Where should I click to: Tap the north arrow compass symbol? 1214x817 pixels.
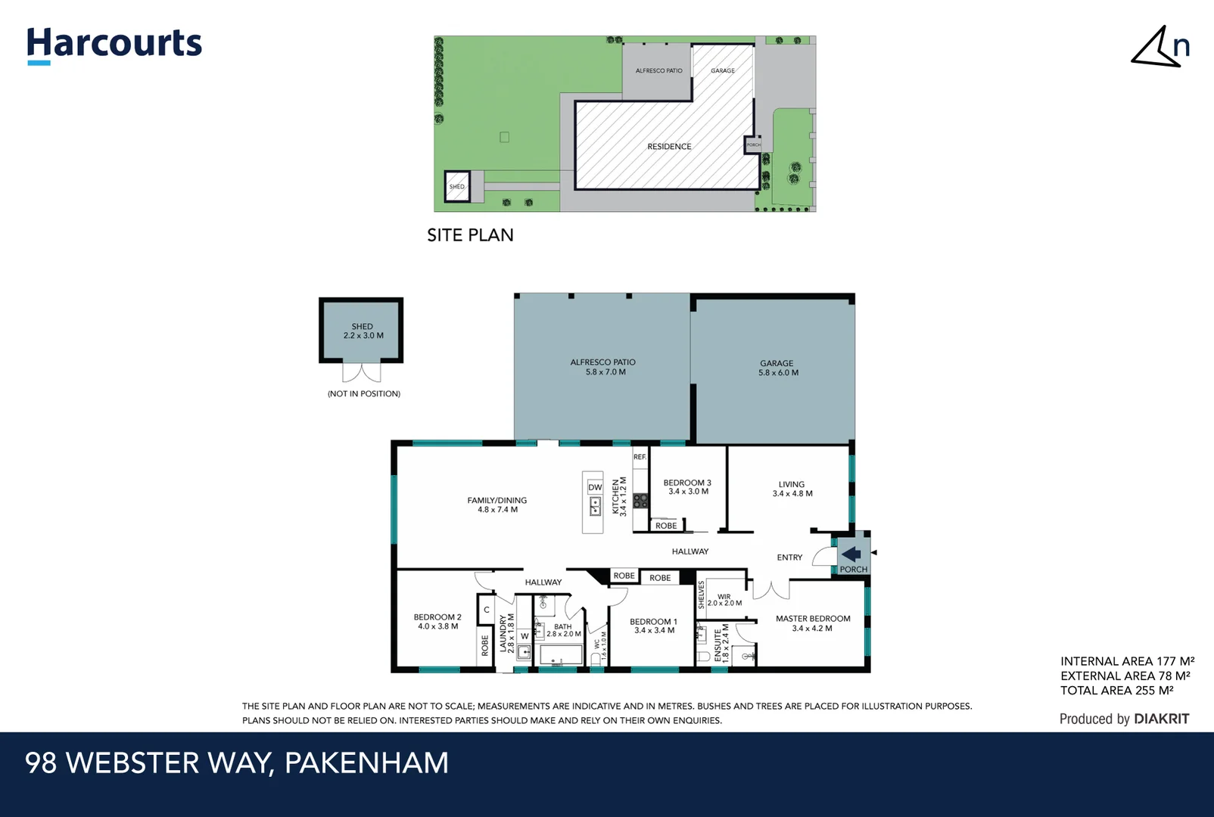tap(1160, 47)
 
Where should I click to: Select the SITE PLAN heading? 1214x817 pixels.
tap(470, 235)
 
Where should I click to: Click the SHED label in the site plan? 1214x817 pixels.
tap(457, 187)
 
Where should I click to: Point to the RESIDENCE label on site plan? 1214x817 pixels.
tap(669, 147)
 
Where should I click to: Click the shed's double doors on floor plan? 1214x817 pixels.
tap(362, 372)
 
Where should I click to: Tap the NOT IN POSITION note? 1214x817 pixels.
tap(364, 394)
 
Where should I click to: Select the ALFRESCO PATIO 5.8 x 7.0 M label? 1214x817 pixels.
tap(603, 367)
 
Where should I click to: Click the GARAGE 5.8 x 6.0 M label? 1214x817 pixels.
tap(778, 368)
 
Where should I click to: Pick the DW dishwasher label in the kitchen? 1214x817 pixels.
tap(595, 488)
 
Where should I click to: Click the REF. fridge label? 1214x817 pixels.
tap(640, 457)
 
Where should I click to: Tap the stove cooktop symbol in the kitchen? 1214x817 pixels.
tap(641, 500)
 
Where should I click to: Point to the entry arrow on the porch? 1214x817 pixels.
tap(851, 555)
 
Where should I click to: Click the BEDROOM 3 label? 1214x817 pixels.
tap(687, 486)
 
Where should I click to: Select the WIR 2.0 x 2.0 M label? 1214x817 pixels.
tap(724, 600)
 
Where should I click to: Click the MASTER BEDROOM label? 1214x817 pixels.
tap(813, 623)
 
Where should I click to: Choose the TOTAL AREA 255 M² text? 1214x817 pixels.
tap(1116, 691)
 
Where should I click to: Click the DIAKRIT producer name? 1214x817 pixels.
tap(1161, 719)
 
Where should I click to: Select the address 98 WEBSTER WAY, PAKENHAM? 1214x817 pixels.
tap(237, 763)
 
